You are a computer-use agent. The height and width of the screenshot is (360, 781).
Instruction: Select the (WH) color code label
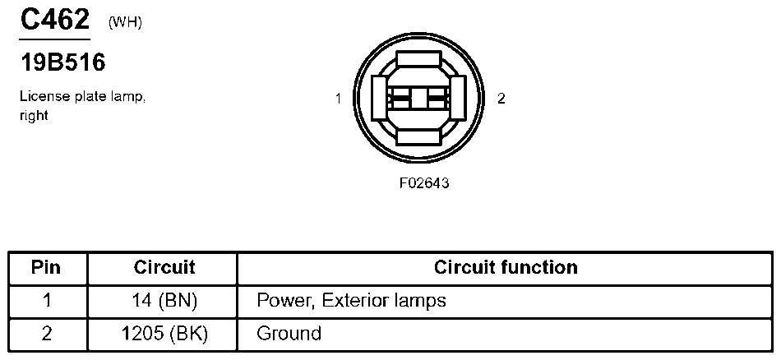125,22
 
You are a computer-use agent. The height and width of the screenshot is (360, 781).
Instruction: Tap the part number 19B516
62,62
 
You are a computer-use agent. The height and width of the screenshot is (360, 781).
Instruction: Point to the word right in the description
34,116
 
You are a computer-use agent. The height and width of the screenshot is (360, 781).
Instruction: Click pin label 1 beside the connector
338,99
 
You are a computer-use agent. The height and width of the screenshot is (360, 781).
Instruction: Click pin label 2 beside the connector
501,99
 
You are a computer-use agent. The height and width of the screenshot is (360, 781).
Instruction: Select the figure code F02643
423,182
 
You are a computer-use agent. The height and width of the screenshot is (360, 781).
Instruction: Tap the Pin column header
46,268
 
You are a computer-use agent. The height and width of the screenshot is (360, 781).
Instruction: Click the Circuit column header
164,268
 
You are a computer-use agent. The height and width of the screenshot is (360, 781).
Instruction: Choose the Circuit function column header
506,268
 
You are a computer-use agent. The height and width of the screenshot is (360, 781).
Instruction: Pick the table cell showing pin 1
46,300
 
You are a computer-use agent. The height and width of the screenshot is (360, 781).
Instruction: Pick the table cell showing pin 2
46,334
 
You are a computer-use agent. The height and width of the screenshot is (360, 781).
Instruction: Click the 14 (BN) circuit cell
164,300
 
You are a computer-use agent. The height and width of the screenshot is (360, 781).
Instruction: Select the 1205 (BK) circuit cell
164,334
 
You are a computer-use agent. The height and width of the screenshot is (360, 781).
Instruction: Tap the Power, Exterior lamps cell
351,300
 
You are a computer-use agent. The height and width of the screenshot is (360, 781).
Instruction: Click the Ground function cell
289,334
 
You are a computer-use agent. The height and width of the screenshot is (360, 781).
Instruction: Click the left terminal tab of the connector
379,99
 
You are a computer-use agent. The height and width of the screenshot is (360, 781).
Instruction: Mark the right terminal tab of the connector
459,99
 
